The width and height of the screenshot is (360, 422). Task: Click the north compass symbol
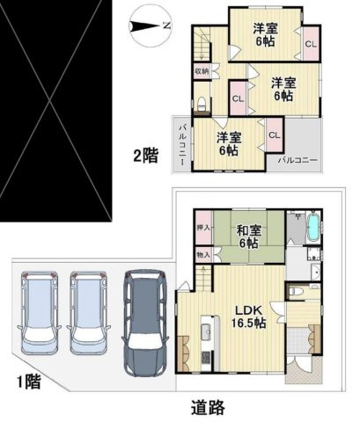pos(145,25)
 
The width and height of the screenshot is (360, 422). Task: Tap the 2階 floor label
pos(145,156)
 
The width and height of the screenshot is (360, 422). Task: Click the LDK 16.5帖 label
pos(249,315)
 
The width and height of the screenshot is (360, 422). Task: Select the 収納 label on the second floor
pos(201,72)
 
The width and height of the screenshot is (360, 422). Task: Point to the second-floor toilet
pos(202,105)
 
